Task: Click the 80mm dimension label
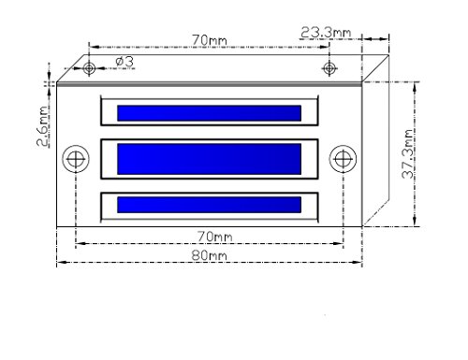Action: click(209, 255)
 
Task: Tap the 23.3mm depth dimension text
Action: click(326, 33)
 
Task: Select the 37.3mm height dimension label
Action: click(408, 153)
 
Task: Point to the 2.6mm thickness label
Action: click(43, 126)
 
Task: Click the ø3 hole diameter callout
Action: click(124, 62)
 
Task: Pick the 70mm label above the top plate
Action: click(210, 40)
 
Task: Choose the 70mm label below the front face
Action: click(215, 237)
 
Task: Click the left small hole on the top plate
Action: click(89, 67)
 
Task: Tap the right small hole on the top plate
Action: click(329, 68)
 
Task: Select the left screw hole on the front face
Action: click(76, 159)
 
